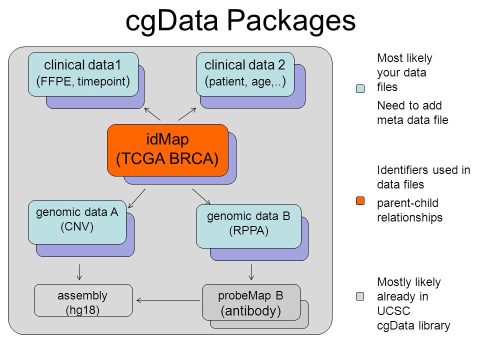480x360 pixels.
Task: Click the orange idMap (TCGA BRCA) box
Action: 167,150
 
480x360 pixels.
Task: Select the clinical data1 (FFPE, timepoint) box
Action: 83,74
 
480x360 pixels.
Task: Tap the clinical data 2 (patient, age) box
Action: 245,74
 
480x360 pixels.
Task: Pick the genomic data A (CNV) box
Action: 77,222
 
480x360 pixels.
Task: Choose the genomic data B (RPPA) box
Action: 248,226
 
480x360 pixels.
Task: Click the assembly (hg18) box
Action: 83,300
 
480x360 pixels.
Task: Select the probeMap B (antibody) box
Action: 251,302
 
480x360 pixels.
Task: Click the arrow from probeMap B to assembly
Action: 168,300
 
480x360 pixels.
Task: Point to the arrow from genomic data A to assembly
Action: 79,272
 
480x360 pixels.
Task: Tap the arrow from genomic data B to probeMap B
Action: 251,272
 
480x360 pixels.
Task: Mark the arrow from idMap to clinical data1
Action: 152,114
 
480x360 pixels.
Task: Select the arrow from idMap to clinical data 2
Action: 187,114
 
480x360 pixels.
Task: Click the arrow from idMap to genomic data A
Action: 137,198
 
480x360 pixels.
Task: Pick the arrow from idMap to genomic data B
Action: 201,196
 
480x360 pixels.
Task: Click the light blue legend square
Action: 360,88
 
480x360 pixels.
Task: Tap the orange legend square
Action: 360,201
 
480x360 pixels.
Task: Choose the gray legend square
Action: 360,296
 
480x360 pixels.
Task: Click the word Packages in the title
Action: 291,21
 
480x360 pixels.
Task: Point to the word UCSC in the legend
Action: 393,311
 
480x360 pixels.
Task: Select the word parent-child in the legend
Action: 408,203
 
